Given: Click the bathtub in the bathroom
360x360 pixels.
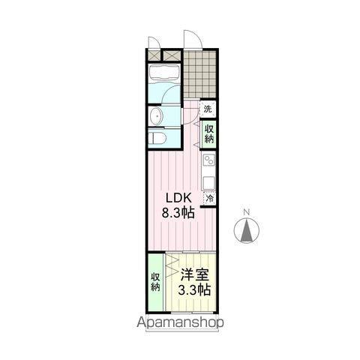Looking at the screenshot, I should coord(162,74).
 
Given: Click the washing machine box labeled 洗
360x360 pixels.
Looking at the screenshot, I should coord(208,109).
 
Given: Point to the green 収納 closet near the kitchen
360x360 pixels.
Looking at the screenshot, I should coord(208,133).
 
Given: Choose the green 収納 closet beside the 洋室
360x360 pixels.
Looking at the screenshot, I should coord(155,277).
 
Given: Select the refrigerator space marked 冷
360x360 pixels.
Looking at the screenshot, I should coord(209,199).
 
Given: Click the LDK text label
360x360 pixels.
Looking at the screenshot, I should coord(178,198).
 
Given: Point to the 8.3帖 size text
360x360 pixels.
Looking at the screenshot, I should coord(178,213).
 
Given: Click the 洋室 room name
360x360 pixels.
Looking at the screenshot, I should coord(193,275).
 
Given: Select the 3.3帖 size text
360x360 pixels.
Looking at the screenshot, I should coord(193,290).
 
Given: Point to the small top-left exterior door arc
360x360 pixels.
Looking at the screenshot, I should coord(154,42).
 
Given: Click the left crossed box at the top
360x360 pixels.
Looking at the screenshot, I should coord(155,55).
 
